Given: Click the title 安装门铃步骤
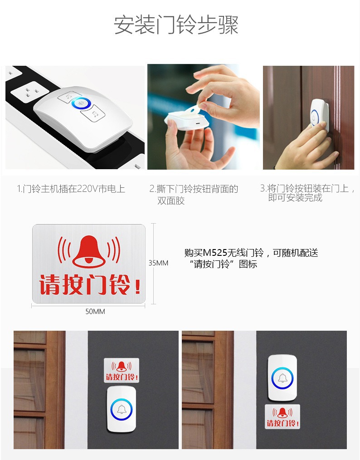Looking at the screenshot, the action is (x=176, y=25).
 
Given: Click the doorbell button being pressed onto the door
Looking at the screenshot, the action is (x=320, y=115).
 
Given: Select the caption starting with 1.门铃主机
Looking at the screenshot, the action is (x=71, y=189).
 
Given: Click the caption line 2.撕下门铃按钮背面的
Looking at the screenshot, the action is (x=194, y=189).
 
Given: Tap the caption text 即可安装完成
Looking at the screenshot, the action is (x=295, y=198).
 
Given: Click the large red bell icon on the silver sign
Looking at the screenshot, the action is (x=89, y=252).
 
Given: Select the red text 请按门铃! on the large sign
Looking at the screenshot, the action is (x=90, y=284).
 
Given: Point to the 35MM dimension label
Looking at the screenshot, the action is (x=158, y=263).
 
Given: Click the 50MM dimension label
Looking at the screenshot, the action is (x=95, y=312).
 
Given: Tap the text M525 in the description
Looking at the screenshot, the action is (x=215, y=253).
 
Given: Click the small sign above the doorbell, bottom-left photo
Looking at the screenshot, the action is (x=122, y=370).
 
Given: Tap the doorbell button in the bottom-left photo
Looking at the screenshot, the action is (x=122, y=409).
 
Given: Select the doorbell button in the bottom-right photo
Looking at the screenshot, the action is (x=282, y=378).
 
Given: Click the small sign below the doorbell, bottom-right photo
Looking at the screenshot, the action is (x=282, y=416).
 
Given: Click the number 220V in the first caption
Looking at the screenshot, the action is (x=83, y=189).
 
